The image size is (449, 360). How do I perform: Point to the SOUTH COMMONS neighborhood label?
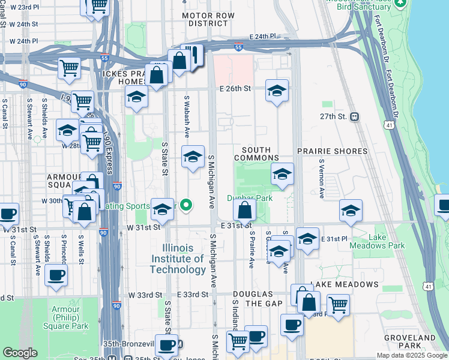(256, 154)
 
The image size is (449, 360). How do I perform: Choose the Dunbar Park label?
(250, 198)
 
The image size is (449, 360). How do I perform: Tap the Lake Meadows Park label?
(386, 241)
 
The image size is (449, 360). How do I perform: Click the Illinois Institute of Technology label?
(184, 259)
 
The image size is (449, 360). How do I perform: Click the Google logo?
(20, 353)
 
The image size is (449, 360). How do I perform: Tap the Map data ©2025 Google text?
(411, 355)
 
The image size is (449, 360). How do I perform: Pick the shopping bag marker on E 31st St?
(244, 211)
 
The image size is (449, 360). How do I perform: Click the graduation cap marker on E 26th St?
(276, 91)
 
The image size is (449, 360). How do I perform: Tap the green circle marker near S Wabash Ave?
(186, 206)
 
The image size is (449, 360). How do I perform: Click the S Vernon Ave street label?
(321, 179)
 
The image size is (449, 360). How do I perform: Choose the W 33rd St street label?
(145, 295)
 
